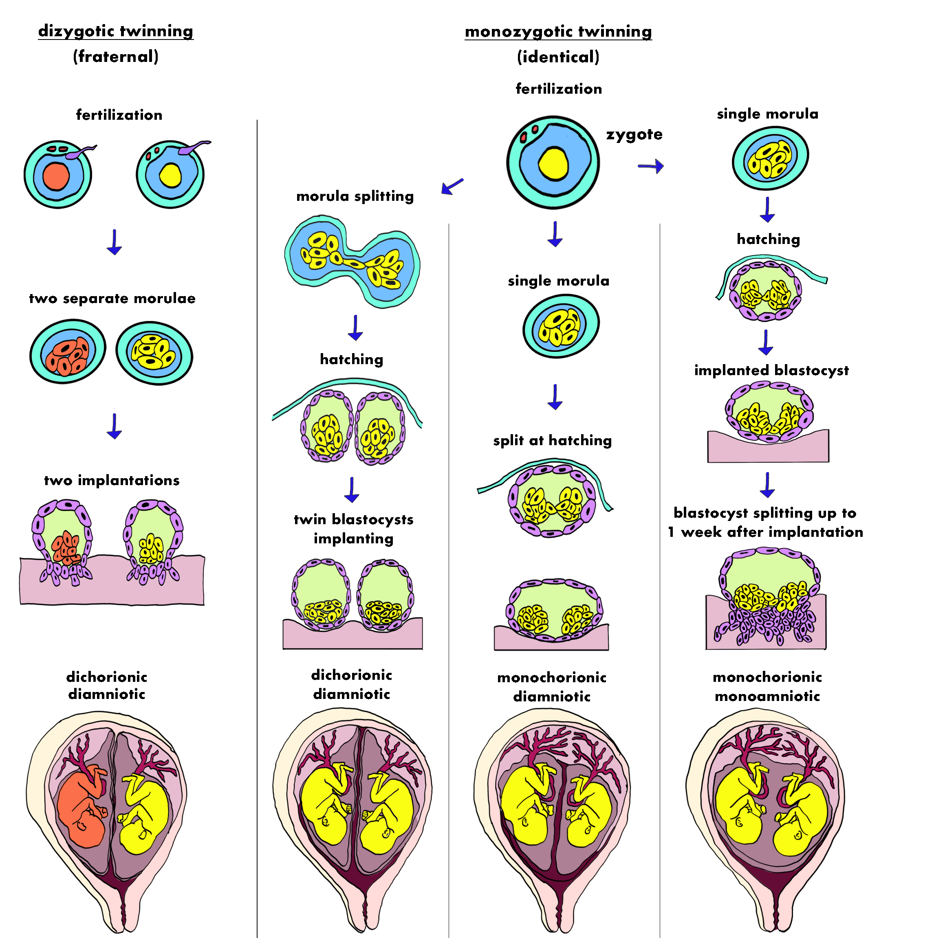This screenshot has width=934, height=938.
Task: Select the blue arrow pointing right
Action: pyautogui.click(x=648, y=167)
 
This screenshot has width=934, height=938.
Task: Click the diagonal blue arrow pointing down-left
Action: pyautogui.click(x=453, y=185)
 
